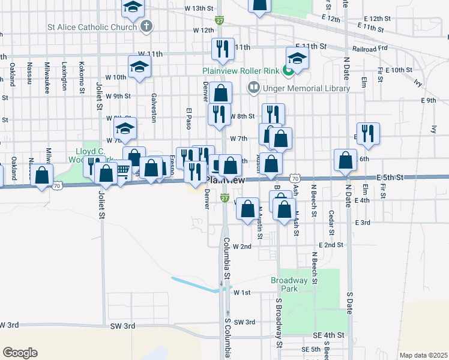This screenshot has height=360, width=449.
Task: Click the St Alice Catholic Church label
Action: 92,27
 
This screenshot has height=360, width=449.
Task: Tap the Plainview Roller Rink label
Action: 240,71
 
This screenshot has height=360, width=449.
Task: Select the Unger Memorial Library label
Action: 306,89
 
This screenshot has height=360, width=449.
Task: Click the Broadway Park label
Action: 289,284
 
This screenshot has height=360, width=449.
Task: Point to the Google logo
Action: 20,353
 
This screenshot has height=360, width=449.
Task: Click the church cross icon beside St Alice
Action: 146,26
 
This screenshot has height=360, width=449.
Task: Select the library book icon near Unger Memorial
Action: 253,89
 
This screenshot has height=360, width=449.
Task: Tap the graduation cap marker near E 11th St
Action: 297,58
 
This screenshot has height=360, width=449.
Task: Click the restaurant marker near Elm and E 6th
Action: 367,134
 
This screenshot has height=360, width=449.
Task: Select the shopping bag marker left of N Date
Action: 346,160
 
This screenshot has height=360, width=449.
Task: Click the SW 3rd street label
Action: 122,325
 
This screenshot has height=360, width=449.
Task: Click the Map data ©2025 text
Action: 423,355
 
